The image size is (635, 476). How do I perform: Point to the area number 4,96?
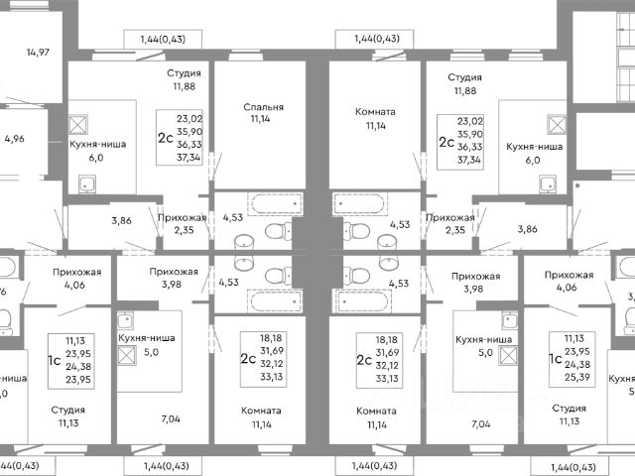tap(14, 139)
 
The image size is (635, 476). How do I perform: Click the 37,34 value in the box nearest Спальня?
tap(189, 158)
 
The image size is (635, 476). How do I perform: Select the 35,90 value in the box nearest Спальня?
tap(189, 130)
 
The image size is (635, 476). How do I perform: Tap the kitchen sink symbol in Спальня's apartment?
tap(87, 182)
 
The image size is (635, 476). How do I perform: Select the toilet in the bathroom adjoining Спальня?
tap(281, 231)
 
